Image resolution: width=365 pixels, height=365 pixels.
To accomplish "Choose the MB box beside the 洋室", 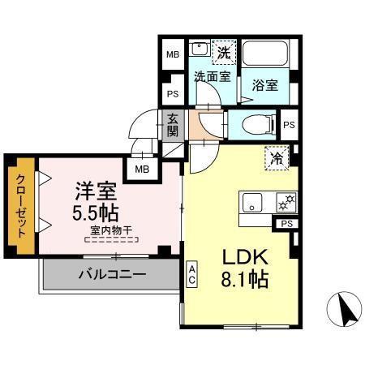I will tap(142, 169).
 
